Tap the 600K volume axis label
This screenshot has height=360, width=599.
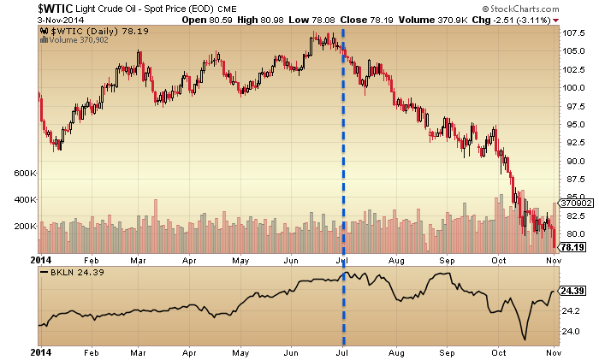pyautogui.click(x=23, y=173)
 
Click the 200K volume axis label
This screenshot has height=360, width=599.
pyautogui.click(x=23, y=226)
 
